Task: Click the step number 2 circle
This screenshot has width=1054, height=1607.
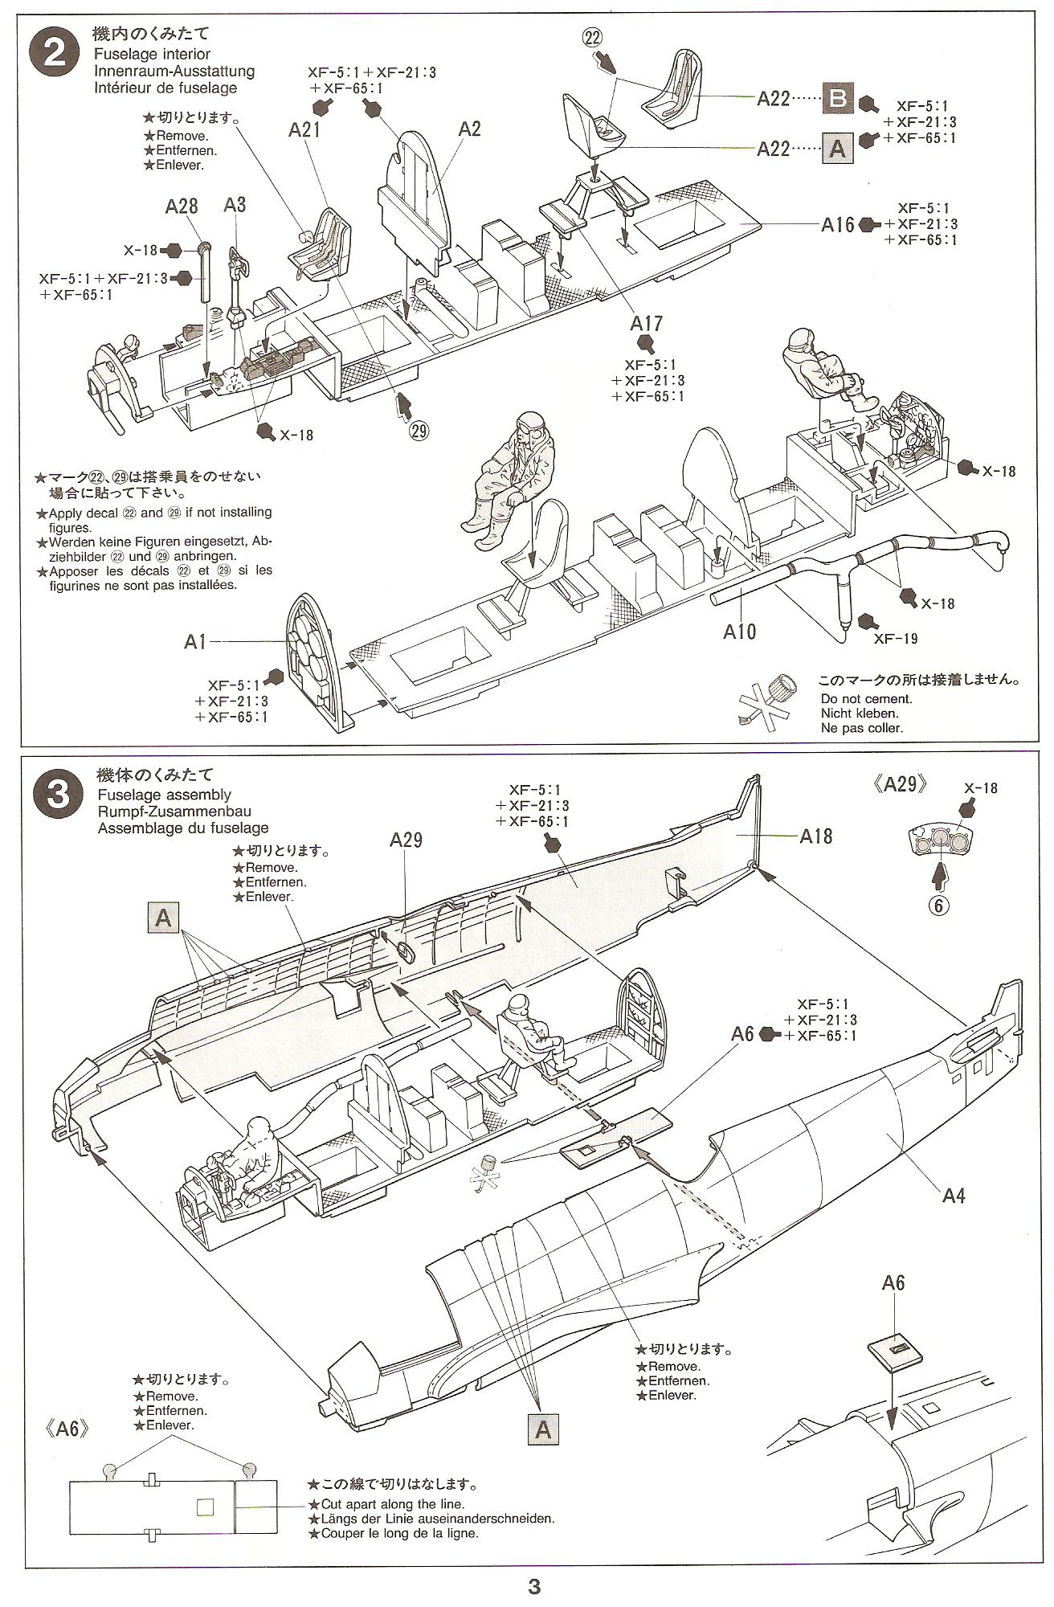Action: point(55,54)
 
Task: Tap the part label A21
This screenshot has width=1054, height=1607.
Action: point(305,129)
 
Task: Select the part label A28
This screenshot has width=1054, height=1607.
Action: point(182,206)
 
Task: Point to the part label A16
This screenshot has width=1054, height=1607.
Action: point(838,225)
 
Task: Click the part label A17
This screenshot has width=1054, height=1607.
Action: point(646,323)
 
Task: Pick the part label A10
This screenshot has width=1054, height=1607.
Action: point(739,632)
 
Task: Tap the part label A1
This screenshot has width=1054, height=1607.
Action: point(195,641)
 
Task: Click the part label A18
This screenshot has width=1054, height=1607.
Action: point(816,836)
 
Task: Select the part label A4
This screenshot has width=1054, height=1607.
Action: point(953,1196)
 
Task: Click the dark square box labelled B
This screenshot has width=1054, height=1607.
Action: point(837,98)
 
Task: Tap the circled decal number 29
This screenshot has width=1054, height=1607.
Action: point(419,431)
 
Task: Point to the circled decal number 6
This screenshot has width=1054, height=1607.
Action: point(938,905)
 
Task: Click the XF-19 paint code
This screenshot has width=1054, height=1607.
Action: point(896,639)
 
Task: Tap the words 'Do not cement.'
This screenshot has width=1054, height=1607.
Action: point(866,698)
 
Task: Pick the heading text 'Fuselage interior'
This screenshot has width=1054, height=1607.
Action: point(151,54)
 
